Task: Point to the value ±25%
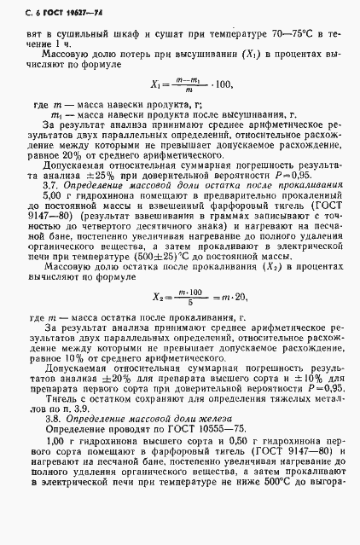tap(107, 197)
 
